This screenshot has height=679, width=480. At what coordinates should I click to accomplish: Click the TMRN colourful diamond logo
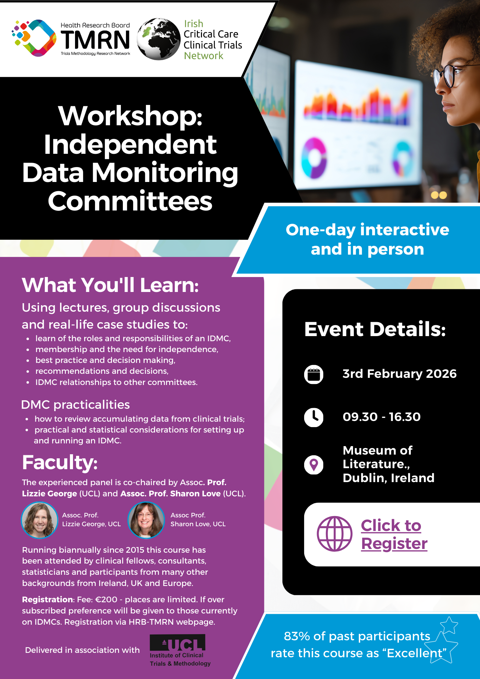[x=34, y=38]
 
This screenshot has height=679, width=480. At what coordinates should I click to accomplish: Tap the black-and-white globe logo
[x=159, y=39]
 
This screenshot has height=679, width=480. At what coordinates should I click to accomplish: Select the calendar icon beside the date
[x=314, y=374]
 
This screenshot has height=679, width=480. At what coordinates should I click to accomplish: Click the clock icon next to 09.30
[x=314, y=417]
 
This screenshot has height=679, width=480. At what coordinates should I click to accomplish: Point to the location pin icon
[x=314, y=464]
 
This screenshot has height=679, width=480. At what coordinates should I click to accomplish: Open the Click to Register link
[x=394, y=534]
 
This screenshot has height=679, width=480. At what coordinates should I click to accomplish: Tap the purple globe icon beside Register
[x=334, y=534]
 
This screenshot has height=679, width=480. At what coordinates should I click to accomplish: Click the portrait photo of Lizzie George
[x=40, y=520]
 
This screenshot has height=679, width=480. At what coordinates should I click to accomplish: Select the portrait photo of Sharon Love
[x=146, y=520]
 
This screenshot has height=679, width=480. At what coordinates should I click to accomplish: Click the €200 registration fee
[x=106, y=600]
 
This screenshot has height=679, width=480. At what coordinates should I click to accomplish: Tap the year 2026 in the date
[x=441, y=374]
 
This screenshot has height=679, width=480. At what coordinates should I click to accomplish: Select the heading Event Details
[x=375, y=329]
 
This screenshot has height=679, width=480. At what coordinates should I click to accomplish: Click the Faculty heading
[x=60, y=462]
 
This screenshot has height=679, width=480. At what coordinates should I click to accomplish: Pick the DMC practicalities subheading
[x=75, y=405]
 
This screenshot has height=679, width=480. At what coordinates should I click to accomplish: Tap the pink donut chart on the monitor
[x=314, y=158]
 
